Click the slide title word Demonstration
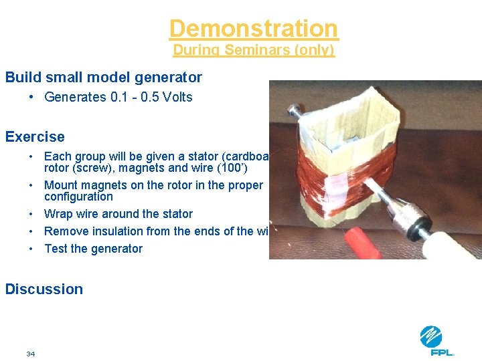coord(254,29)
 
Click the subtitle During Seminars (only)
coord(254,50)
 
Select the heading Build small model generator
coord(103,77)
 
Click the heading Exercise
coord(35,137)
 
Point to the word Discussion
coord(44,289)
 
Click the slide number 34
coord(31,354)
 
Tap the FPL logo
coord(436,340)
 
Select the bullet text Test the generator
coord(93,249)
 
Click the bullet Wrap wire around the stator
coord(118,214)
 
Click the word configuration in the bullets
coord(78,197)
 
